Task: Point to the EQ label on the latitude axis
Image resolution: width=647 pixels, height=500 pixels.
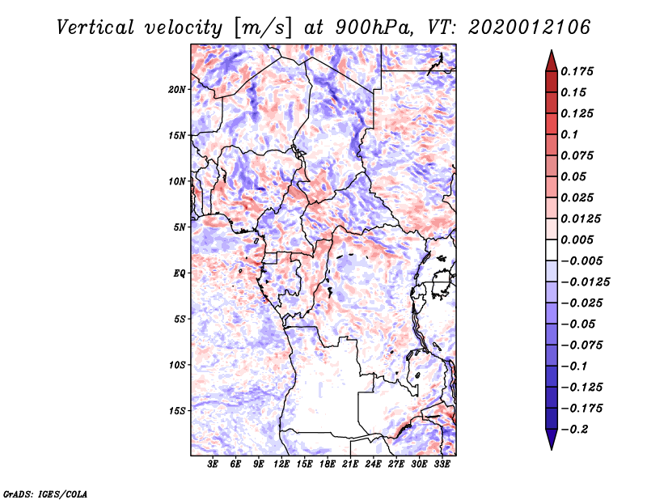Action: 180,273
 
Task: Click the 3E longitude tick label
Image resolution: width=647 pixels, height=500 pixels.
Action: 214,464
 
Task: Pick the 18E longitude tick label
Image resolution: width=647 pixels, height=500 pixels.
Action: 328,464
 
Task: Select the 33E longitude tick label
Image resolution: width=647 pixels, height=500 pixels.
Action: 442,464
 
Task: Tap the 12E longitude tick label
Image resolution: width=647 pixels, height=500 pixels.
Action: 281,464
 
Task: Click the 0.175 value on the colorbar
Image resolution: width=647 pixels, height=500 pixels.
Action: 579,71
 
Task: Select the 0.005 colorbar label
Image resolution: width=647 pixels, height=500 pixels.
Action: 579,239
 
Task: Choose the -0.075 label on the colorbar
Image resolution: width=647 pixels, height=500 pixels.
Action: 581,345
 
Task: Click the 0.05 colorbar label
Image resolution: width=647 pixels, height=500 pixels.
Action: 576,176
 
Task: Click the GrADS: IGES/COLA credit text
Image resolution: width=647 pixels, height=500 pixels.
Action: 44,493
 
